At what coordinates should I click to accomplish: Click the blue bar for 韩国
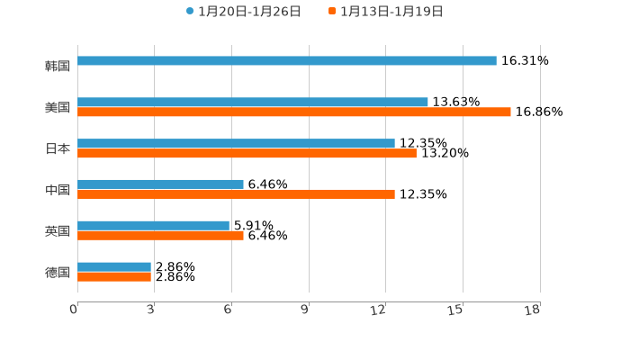286,61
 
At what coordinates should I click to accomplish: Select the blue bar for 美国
252,103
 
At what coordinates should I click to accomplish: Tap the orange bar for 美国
293,112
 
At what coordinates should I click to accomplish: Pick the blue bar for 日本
236,144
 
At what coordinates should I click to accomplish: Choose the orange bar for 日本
247,154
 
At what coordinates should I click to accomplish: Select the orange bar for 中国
236,194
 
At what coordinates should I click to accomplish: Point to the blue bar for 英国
153,226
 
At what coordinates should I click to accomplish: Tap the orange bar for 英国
160,236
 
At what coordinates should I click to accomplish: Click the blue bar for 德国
114,267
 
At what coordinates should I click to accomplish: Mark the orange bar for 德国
114,277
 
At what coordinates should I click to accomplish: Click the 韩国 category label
58,66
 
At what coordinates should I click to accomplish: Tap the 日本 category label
58,148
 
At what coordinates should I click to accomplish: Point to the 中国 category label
58,190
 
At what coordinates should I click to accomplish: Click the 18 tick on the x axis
533,310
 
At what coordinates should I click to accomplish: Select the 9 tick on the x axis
305,310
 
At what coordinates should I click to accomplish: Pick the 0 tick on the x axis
75,310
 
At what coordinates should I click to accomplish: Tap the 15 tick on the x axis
456,310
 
